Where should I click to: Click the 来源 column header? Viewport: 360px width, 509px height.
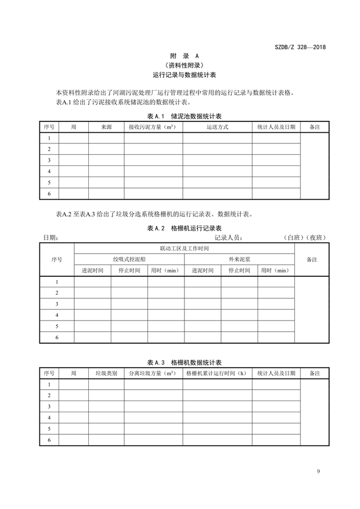106,128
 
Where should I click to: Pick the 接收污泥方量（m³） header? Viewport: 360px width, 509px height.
152,128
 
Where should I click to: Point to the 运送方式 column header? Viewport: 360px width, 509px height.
217,128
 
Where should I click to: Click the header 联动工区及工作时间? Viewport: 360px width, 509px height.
184,248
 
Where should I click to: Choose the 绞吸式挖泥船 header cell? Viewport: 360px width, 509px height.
129,259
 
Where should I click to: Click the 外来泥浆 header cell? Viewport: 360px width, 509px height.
240,259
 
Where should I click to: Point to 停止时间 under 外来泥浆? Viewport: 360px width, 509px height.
239,271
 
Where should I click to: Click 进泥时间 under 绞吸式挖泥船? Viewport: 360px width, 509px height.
93,271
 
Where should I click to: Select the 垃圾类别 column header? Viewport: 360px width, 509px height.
106,373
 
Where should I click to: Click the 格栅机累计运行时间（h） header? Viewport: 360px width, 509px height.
217,373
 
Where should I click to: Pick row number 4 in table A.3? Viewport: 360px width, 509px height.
49,418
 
